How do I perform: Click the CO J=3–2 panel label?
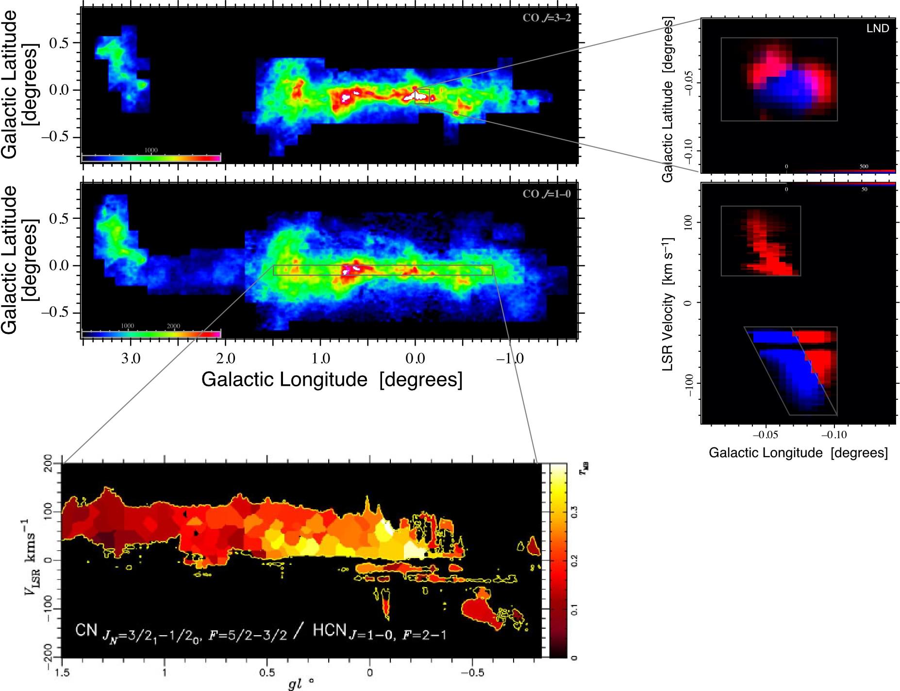click(x=546, y=18)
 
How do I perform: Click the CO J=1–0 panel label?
click(x=546, y=194)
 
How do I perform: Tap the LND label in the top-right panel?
click(x=878, y=28)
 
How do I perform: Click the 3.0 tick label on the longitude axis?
click(x=131, y=359)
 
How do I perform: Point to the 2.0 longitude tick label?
click(x=225, y=359)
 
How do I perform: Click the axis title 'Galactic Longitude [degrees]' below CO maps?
click(x=332, y=379)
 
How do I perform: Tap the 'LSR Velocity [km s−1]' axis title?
click(x=668, y=304)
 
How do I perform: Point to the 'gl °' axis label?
click(x=300, y=684)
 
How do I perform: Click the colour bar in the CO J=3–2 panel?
click(x=151, y=158)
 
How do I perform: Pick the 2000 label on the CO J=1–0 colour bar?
click(x=173, y=326)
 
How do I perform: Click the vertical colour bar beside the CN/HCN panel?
click(x=558, y=560)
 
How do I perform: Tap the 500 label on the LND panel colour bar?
click(x=864, y=166)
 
